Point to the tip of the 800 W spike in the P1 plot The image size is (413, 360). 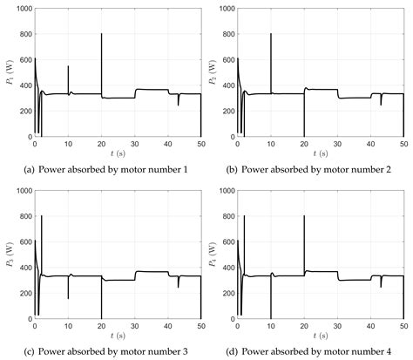tap(101, 34)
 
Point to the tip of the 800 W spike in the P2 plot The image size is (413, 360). tap(271, 34)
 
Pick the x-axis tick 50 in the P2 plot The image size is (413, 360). tap(403, 141)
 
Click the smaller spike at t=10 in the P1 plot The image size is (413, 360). tap(68, 66)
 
